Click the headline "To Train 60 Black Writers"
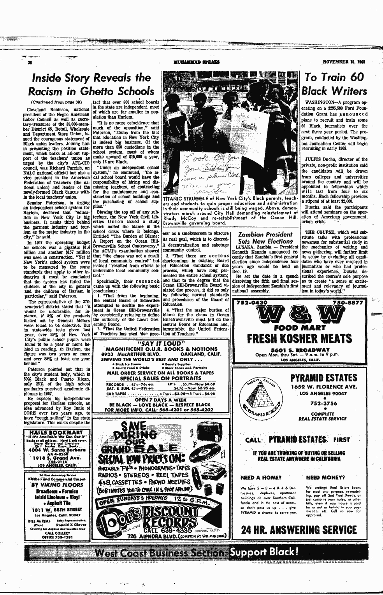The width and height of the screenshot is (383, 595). (336, 84)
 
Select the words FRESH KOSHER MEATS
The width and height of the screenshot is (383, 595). (298, 338)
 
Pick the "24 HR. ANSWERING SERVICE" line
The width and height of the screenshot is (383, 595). (299, 530)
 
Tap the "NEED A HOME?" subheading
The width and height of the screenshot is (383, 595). (261, 477)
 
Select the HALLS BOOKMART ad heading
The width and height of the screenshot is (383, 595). (59, 432)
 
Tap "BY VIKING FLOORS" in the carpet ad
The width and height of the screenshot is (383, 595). (58, 485)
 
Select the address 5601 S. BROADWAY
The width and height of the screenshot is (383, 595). (298, 350)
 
